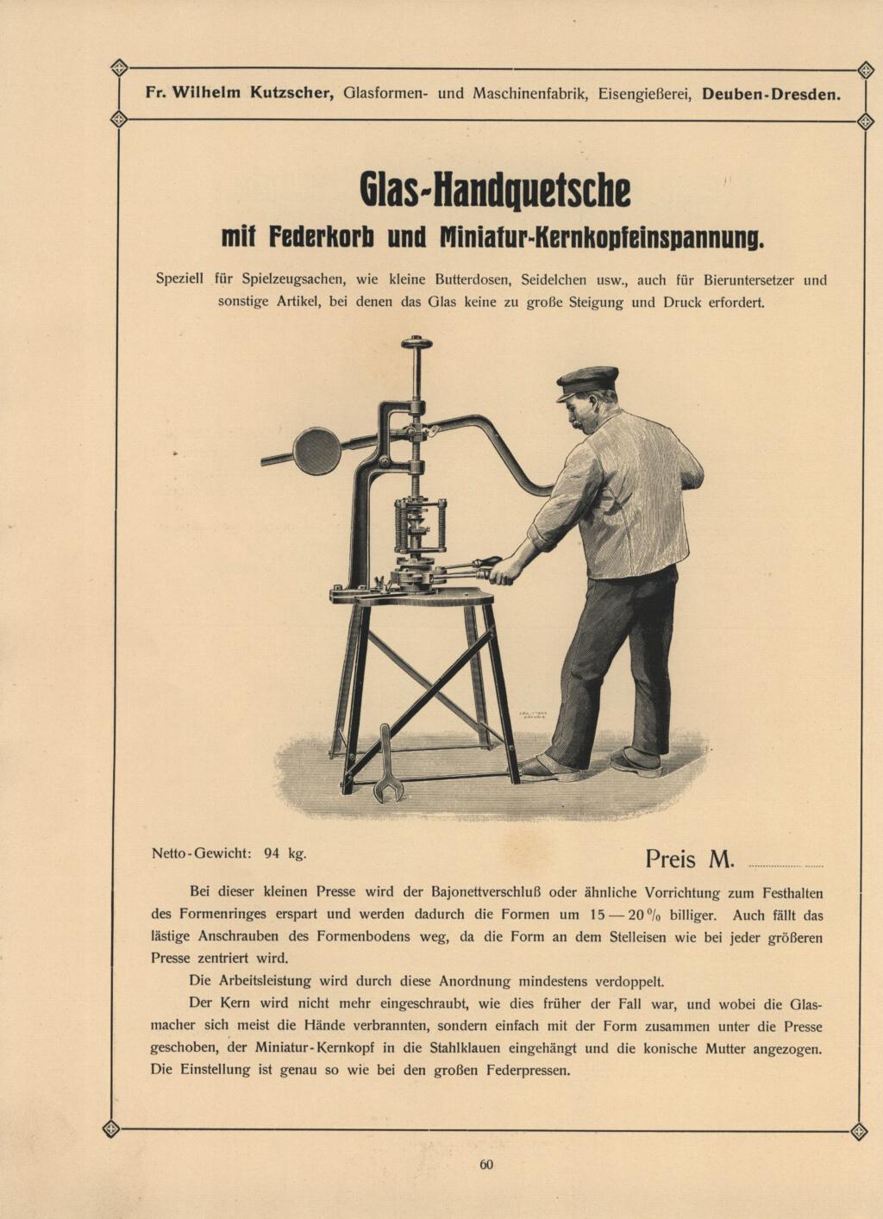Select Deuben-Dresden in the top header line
(x=771, y=94)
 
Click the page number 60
(x=486, y=1165)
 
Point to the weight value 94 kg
(x=285, y=853)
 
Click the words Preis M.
(x=689, y=859)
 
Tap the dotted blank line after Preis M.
(x=786, y=865)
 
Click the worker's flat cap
(x=587, y=380)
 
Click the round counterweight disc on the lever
(x=317, y=451)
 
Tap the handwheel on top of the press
(x=416, y=343)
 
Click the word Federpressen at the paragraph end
(x=529, y=1071)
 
